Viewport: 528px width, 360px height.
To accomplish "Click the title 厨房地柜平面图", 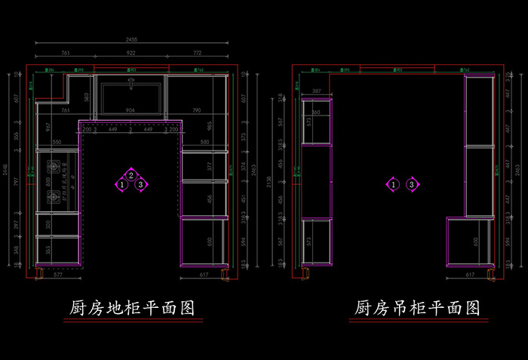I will tap(132, 309).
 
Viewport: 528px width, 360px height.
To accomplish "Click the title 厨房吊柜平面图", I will tap(417, 309).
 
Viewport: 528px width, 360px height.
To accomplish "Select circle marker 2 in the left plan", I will tap(131, 176).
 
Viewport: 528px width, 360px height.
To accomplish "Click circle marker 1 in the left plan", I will tap(122, 184).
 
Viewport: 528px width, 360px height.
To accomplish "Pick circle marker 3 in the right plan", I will tap(411, 184).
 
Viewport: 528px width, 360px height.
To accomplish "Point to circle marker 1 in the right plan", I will tap(393, 184).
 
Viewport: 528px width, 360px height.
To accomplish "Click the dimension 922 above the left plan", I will tap(130, 53).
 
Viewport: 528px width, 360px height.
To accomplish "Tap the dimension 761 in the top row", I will tap(65, 53).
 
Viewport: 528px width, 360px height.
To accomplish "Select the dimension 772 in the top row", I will tap(197, 53).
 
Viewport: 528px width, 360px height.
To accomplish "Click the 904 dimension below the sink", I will tap(130, 111).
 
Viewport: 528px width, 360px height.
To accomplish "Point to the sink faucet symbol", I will tap(131, 78).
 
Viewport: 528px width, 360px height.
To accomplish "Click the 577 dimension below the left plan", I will tap(58, 275).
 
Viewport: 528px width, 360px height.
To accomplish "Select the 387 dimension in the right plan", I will tap(316, 91).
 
